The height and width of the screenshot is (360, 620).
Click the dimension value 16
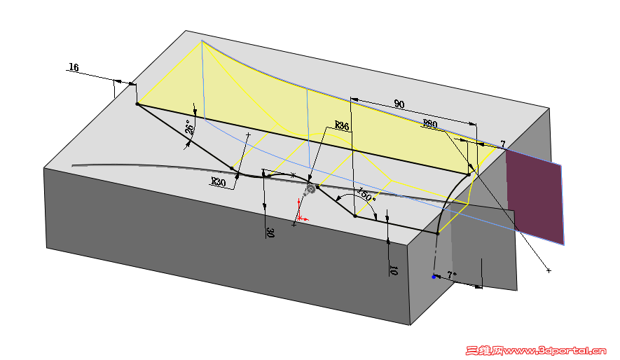(74, 67)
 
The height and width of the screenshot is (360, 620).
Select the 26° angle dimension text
(190, 127)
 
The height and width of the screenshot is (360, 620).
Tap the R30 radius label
(218, 182)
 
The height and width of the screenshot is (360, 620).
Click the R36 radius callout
(342, 125)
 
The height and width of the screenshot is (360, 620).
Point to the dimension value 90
(399, 104)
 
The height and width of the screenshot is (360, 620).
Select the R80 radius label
(430, 124)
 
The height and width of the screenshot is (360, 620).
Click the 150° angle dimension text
(366, 195)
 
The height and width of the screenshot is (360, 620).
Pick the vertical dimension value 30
(270, 233)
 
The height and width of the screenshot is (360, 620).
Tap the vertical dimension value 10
(394, 270)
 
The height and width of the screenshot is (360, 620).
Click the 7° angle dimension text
(452, 275)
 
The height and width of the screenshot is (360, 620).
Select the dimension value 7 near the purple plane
(502, 144)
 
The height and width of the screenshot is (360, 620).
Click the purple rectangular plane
(535, 196)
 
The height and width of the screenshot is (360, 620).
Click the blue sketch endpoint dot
(434, 277)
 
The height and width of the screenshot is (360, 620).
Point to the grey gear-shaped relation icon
(310, 190)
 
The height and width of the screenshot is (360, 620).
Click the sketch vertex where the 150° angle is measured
(355, 216)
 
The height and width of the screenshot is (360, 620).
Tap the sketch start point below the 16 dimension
(137, 104)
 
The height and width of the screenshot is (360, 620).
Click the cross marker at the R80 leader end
(549, 270)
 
